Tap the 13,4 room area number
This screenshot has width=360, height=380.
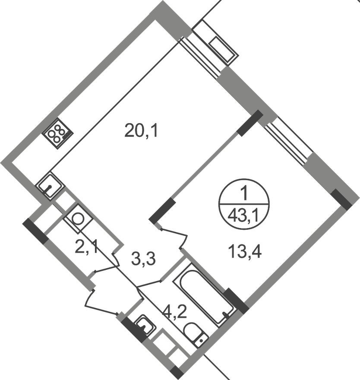tap(245, 250)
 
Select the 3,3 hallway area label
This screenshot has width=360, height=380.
tap(143, 259)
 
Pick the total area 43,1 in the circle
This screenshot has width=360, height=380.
tap(244, 215)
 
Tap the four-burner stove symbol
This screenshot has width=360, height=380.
tap(58, 133)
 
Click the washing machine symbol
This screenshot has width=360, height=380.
tap(78, 218)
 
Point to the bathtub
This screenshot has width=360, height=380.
tap(204, 294)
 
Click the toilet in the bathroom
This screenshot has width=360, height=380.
tap(196, 335)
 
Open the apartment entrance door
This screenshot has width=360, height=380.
tap(102, 302)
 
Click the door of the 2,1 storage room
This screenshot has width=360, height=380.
tap(105, 268)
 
